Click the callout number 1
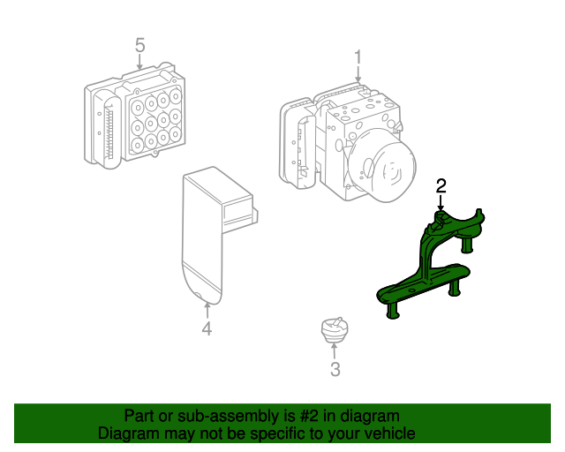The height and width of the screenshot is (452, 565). tap(358, 57)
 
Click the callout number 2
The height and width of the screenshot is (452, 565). tap(441, 185)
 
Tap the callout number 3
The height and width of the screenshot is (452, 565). tap(335, 370)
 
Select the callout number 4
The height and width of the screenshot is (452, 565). tap(207, 330)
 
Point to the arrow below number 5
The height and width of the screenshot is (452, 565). tap(139, 63)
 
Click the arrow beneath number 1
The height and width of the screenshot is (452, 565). tap(358, 78)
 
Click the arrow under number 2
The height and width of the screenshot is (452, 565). tap(441, 203)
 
